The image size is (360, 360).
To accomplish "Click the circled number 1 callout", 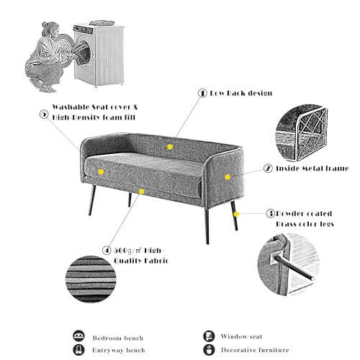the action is (202, 93).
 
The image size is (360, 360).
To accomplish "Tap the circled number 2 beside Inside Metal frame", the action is (268, 168).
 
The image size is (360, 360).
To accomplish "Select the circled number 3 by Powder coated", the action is (271, 213).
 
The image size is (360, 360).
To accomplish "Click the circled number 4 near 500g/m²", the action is (107, 251).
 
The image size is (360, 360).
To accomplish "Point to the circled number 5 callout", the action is (44, 114).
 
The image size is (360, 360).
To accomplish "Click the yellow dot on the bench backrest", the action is (170, 147).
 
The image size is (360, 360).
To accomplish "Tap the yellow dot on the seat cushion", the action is (101, 172).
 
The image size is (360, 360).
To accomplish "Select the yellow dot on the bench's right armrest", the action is (228, 177).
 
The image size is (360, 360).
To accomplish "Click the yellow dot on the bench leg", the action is (236, 214).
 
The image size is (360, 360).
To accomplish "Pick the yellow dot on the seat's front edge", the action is (142, 192).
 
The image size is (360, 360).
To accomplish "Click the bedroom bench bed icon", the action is (78, 336).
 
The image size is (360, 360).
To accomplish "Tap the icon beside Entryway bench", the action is (78, 350).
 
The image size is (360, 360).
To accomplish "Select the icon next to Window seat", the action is (209, 336).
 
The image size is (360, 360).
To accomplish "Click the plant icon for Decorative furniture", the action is (209, 350).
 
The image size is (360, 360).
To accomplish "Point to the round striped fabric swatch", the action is (91, 279).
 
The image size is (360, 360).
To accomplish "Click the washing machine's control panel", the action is (83, 30).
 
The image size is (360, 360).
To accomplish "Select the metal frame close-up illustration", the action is (302, 133).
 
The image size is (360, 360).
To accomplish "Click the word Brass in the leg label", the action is (286, 224).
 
